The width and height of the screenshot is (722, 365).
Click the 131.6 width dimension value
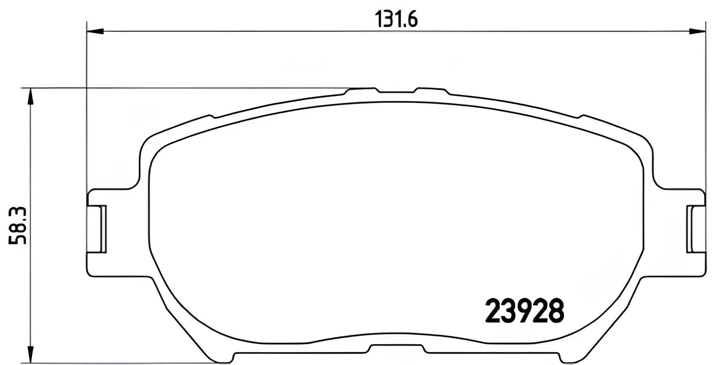click(x=396, y=20)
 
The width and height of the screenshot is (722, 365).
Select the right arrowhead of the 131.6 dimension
click(x=696, y=32)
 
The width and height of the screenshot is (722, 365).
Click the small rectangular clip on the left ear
click(x=102, y=229)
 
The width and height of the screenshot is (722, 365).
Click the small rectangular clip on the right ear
click(x=690, y=229)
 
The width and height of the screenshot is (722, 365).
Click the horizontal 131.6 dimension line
click(x=263, y=32)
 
